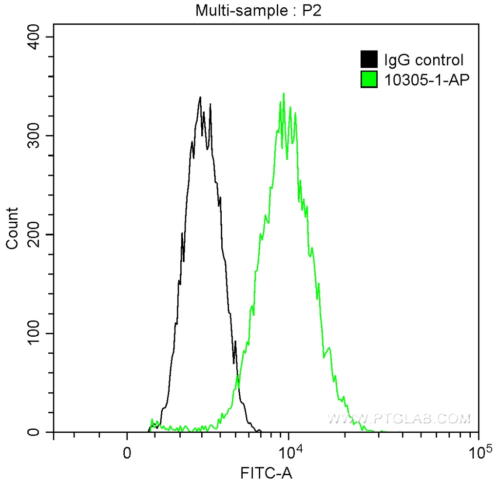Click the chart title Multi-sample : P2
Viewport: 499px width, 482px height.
[x=259, y=10]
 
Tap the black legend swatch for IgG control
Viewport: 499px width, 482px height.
[x=369, y=60]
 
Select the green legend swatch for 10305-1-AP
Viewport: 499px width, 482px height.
[x=369, y=78]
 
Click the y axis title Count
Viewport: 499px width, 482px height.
[x=12, y=228]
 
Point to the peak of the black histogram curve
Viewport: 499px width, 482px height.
[x=200, y=97]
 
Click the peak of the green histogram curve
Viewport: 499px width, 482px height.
[x=283, y=94]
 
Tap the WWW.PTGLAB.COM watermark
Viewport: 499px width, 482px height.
[x=400, y=418]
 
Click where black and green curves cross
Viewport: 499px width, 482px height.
[x=237, y=379]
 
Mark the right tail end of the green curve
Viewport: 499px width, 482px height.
[x=383, y=431]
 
